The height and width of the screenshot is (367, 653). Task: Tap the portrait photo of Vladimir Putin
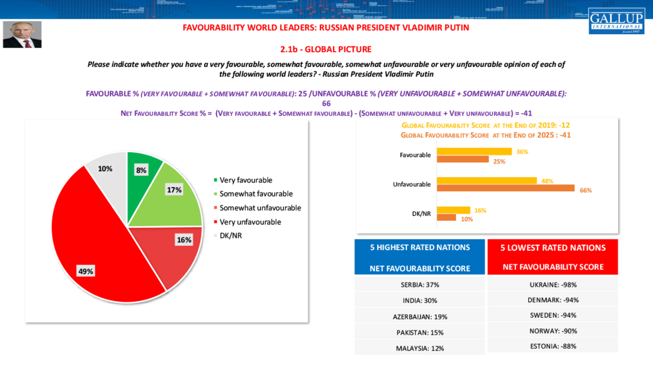click(x=22, y=35)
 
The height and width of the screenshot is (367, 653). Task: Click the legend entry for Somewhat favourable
click(x=256, y=193)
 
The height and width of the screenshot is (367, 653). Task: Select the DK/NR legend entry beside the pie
click(x=231, y=235)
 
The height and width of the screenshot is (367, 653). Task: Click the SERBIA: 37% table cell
click(x=419, y=285)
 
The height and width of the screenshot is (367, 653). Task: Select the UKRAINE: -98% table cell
click(x=552, y=285)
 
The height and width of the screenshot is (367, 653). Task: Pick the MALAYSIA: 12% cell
click(x=419, y=348)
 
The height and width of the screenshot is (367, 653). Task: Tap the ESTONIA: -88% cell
click(x=552, y=346)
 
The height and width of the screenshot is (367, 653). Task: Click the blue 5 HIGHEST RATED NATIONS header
click(x=419, y=257)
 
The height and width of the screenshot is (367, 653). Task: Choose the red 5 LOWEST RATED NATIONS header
click(x=552, y=257)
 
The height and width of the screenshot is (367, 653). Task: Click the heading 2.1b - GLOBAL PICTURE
click(x=326, y=49)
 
